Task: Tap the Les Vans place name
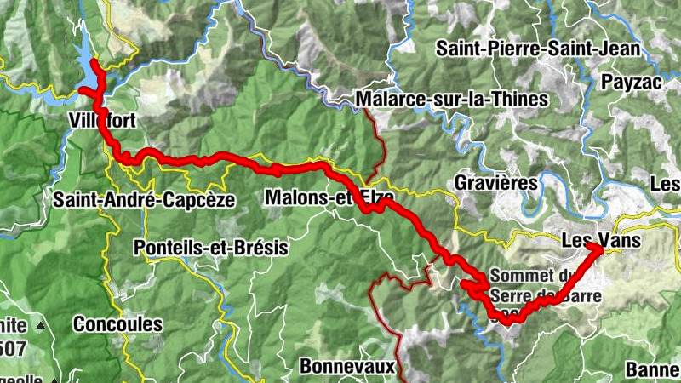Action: click(x=601, y=241)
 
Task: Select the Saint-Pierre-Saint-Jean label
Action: click(x=537, y=49)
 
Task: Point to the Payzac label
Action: click(x=631, y=83)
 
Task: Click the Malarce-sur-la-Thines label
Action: click(x=451, y=100)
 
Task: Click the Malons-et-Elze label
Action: click(x=329, y=197)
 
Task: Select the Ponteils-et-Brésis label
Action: click(x=211, y=249)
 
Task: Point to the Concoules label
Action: click(x=117, y=324)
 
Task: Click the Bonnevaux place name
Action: click(x=348, y=367)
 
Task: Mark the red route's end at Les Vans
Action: click(x=593, y=247)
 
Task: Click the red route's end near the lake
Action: click(x=94, y=64)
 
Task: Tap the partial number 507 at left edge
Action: click(x=12, y=348)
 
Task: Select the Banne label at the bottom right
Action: click(x=652, y=370)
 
